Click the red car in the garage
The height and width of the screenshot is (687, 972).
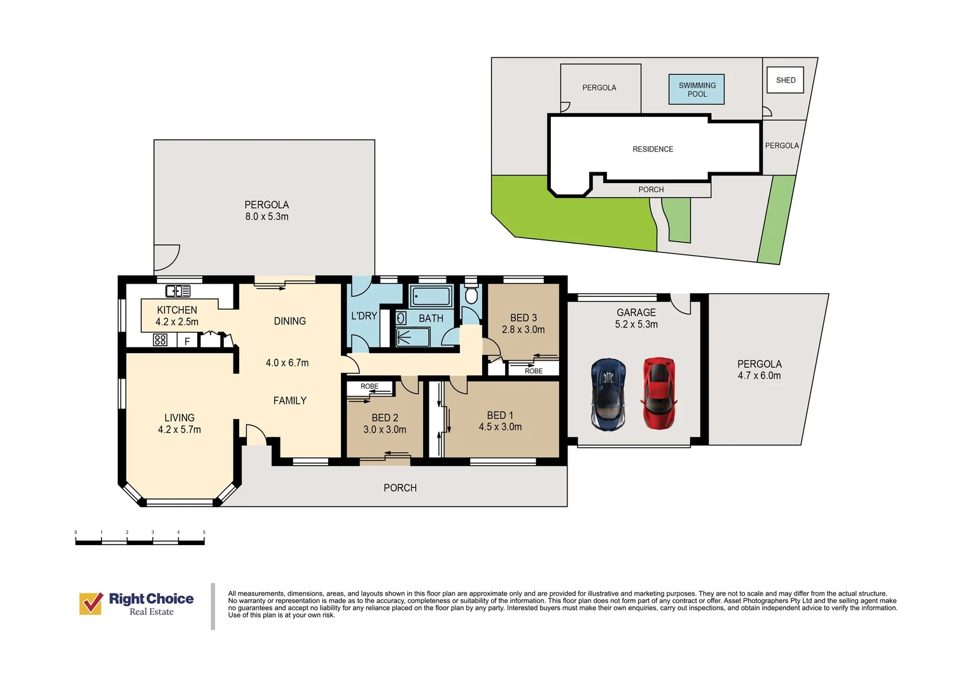(658, 393)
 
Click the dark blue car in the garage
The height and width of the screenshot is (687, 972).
(608, 394)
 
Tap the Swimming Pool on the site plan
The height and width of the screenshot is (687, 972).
(697, 90)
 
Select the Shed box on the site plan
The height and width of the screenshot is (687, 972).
(785, 80)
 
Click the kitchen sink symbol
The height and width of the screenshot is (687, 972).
(178, 291)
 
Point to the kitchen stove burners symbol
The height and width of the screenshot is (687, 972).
(160, 340)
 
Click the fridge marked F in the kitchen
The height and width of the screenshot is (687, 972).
(187, 340)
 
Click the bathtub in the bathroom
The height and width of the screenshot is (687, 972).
(431, 296)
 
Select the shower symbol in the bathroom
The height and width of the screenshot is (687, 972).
(413, 337)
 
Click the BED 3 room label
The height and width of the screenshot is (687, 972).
(524, 317)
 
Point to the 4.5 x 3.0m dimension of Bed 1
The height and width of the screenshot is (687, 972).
(500, 427)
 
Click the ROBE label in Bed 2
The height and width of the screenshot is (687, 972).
(370, 386)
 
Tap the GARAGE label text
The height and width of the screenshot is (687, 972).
(636, 312)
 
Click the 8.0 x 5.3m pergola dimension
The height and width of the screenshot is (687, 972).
(267, 216)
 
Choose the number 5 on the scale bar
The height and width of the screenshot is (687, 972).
(204, 532)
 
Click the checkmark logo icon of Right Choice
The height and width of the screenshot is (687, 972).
(91, 603)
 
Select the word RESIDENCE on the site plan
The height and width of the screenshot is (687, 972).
(653, 149)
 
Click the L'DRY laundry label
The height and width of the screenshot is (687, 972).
(364, 316)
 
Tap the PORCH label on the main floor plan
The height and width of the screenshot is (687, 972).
(400, 488)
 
